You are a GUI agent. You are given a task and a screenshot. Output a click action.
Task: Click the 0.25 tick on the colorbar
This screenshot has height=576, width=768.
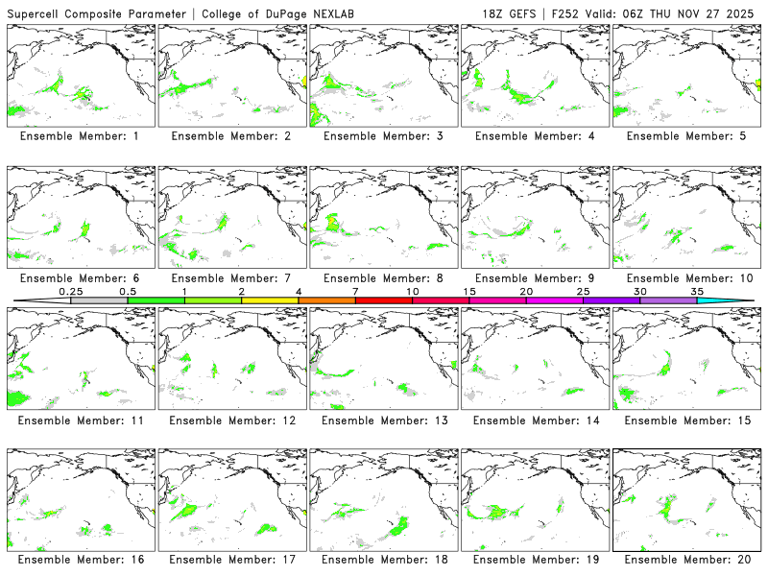[70, 291]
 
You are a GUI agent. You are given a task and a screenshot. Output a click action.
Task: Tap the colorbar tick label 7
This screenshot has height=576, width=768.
[355, 291]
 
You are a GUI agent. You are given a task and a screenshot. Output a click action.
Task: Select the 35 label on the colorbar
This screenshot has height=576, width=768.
[697, 291]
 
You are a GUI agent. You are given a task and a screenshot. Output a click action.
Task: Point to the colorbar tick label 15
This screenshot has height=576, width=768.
[469, 291]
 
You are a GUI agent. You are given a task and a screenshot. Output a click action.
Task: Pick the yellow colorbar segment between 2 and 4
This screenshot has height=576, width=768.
[270, 300]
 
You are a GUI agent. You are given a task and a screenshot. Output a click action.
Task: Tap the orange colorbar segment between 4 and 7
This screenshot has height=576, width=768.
[326, 300]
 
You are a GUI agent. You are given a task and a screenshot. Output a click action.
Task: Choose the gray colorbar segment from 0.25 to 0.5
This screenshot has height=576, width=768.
[99, 300]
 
